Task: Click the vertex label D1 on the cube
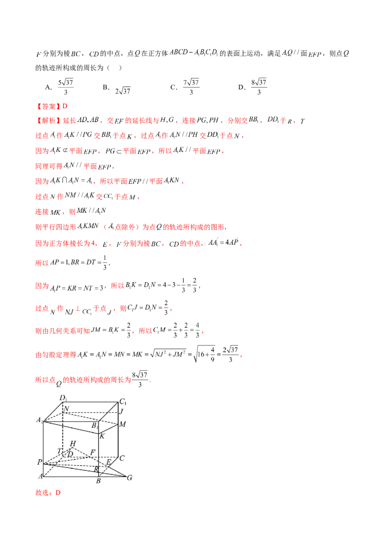coord(63,398)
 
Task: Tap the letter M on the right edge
coord(123,425)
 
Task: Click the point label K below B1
coord(102,436)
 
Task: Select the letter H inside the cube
coord(73,443)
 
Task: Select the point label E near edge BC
coord(109,462)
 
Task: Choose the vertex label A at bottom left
coord(40,476)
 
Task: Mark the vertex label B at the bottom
coord(98,481)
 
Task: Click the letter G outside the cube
coord(129,478)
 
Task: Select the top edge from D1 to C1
coord(92,401)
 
